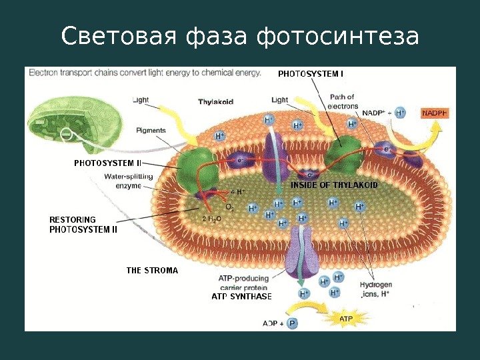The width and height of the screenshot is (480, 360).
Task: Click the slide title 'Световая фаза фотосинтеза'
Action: (x=240, y=37)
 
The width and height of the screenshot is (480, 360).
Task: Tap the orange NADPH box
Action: (x=435, y=113)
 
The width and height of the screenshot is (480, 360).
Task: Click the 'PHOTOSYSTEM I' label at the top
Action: (x=310, y=74)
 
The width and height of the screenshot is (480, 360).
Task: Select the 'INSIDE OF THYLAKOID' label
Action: (x=335, y=185)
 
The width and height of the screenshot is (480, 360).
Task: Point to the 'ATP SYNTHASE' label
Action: (x=241, y=296)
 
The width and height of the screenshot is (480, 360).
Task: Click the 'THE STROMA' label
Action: (x=152, y=271)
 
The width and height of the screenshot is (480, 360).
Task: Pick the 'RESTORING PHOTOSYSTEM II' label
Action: (x=83, y=224)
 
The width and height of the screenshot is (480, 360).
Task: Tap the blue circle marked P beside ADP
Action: (x=292, y=323)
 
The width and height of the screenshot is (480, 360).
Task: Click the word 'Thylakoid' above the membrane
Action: (x=215, y=102)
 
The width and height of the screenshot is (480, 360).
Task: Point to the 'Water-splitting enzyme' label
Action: (x=128, y=181)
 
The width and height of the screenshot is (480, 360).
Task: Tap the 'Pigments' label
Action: (x=151, y=130)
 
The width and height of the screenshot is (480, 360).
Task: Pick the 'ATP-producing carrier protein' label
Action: (x=243, y=283)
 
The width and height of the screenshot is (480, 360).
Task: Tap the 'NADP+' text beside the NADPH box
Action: (x=374, y=113)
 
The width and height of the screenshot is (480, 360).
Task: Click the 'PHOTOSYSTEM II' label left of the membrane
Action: (x=107, y=163)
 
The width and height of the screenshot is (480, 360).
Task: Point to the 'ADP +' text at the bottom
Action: (x=273, y=323)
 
